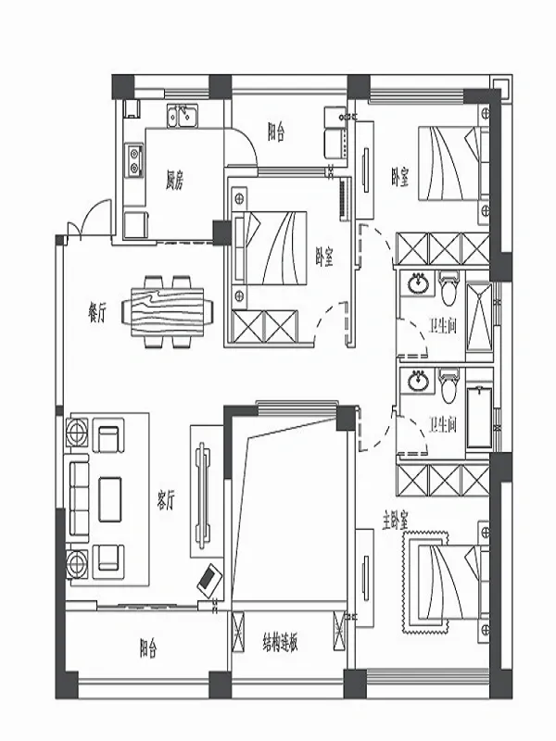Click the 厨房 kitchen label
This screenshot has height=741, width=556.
(174, 180)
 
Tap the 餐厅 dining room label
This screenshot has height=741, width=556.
(97, 313)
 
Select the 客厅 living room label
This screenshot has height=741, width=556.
(166, 499)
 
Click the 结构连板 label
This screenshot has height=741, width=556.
(281, 643)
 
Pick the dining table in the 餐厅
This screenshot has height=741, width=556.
(168, 312)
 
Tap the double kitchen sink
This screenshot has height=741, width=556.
(183, 116)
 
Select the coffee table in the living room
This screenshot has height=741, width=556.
(110, 499)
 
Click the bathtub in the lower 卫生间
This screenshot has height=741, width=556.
(479, 419)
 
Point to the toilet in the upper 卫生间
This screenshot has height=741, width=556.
(448, 288)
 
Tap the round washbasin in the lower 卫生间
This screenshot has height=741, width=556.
(418, 381)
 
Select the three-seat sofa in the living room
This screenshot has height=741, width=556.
(80, 498)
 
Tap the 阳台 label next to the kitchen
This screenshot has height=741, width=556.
(276, 132)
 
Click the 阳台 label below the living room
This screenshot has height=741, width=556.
(148, 648)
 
